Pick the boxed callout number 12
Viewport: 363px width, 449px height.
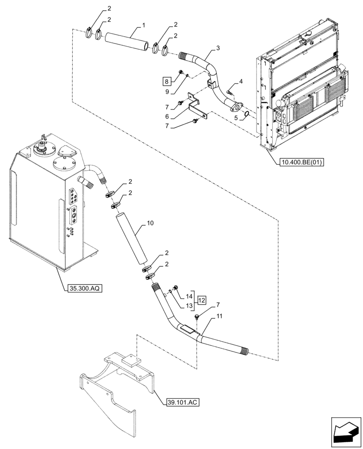(x=202, y=299)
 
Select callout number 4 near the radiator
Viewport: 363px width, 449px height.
(x=240, y=81)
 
